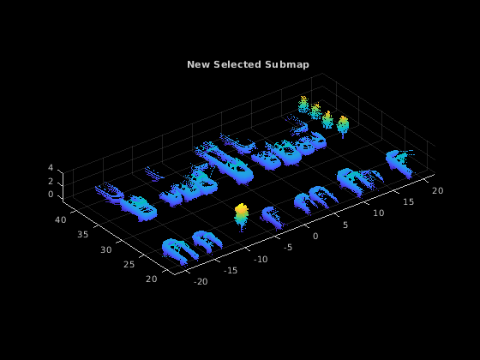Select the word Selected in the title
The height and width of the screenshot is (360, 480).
(237, 64)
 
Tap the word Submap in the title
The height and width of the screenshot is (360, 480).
(287, 65)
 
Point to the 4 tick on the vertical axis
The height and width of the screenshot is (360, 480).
(51, 168)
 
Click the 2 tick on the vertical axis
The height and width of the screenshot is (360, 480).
(51, 182)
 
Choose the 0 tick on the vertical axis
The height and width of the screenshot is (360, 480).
(51, 195)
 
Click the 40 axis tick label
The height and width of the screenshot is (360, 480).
(61, 219)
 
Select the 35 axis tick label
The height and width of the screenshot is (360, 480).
(82, 235)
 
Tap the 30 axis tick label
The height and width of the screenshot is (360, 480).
(106, 249)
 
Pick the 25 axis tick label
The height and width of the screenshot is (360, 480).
(129, 264)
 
